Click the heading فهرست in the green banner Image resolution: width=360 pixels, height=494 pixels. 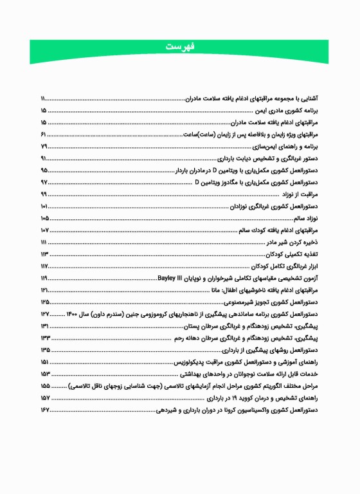pos(180,47)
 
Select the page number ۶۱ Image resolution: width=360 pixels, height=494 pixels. pos(43,134)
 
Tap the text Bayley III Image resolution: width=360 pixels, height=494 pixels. pos(170,278)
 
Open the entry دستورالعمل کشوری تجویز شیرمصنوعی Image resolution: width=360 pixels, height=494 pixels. pos(284,302)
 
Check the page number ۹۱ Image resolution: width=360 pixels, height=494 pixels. pos(43,158)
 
